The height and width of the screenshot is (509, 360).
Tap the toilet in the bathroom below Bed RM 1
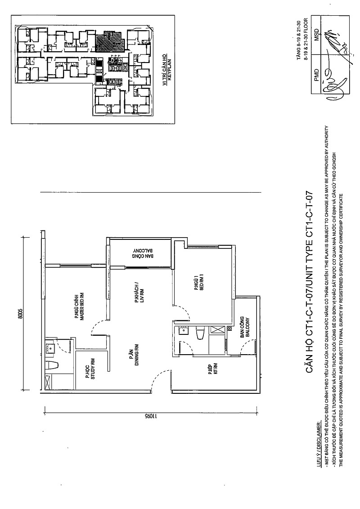tap(201, 335)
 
